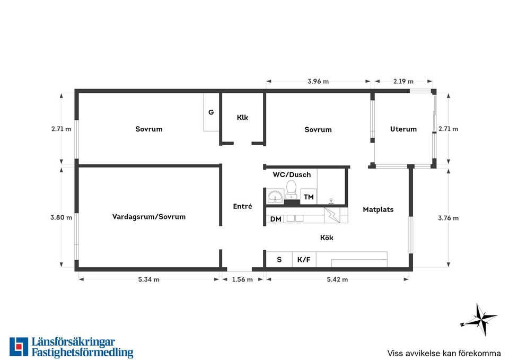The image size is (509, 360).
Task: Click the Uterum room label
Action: pyautogui.click(x=403, y=129)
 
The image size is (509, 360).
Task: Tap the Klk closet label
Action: pyautogui.click(x=242, y=118)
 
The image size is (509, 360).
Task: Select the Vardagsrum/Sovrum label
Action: pyautogui.click(x=148, y=217)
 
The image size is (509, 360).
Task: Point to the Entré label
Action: pyautogui.click(x=242, y=206)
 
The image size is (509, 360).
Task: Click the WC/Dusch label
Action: pyautogui.click(x=292, y=174)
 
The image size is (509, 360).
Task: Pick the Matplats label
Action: pyautogui.click(x=378, y=210)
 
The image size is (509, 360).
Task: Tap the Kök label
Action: pyautogui.click(x=327, y=238)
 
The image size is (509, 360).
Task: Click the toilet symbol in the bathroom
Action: pyautogui.click(x=291, y=190)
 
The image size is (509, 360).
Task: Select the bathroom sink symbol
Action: pyautogui.click(x=276, y=196)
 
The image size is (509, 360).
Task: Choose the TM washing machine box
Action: pyautogui.click(x=309, y=197)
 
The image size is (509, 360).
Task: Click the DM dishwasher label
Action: pyautogui.click(x=276, y=219)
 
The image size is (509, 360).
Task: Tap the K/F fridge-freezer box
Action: pyautogui.click(x=304, y=259)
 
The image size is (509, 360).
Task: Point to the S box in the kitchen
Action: pyautogui.click(x=279, y=259)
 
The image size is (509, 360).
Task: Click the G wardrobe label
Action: pyautogui.click(x=211, y=112)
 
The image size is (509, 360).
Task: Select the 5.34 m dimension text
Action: pyautogui.click(x=148, y=279)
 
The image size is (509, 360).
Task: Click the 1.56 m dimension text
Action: pyautogui.click(x=242, y=279)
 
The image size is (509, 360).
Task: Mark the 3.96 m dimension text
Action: pyautogui.click(x=318, y=82)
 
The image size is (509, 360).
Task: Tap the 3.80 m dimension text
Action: pyautogui.click(x=61, y=217)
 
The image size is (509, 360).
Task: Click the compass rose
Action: pyautogui.click(x=479, y=320)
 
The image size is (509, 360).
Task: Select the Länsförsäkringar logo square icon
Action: pyautogui.click(x=19, y=347)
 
